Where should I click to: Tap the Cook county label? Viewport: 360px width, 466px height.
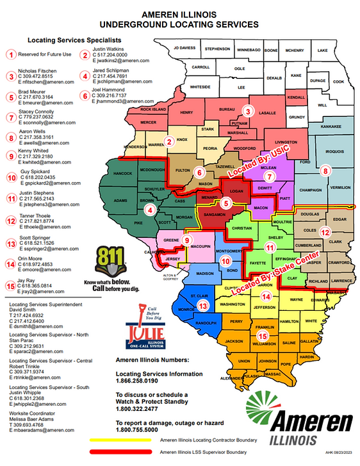[338, 81]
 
